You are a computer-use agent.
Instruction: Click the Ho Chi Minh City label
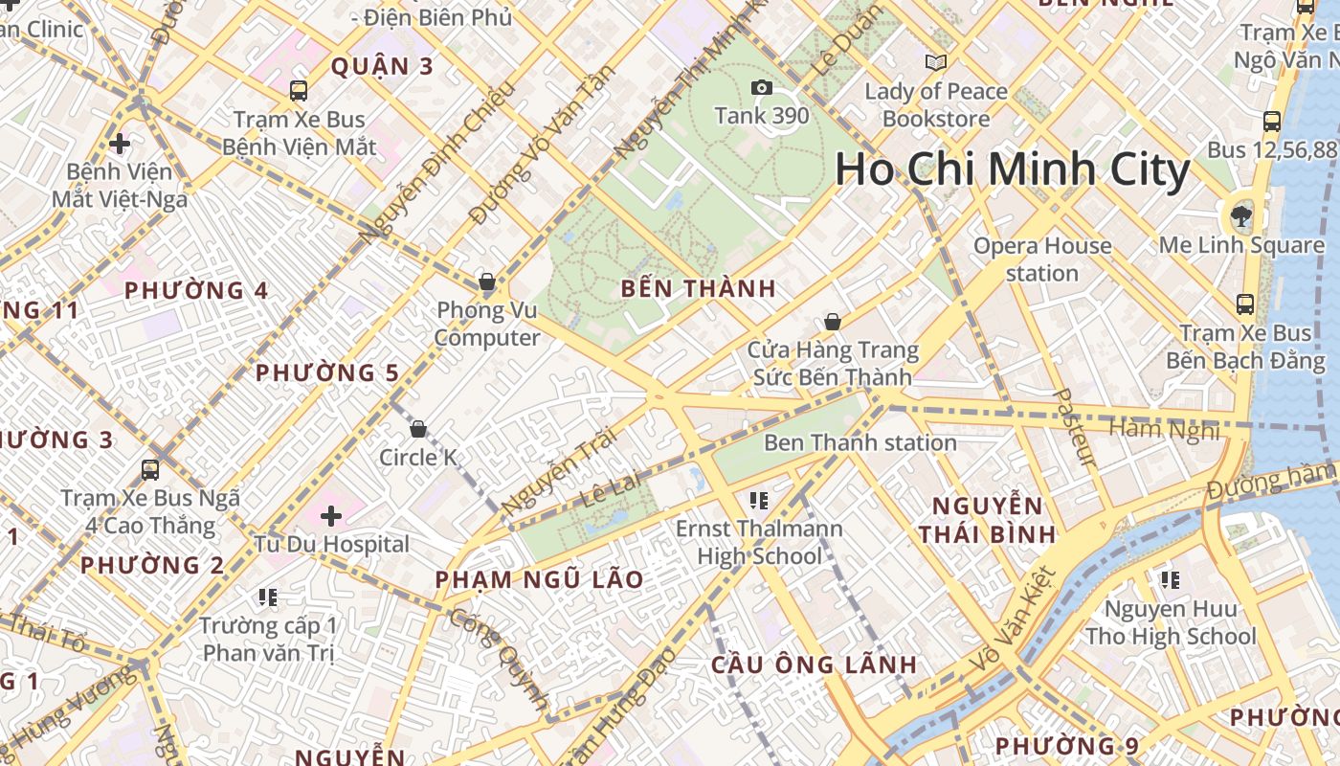coord(1012,170)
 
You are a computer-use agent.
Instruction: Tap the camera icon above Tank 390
coord(762,88)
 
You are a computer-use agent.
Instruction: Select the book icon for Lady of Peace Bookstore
coord(935,63)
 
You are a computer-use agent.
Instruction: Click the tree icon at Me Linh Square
coord(1241,214)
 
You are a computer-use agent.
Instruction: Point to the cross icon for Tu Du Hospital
coord(331,517)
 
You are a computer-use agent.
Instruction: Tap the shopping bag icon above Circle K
coord(418,428)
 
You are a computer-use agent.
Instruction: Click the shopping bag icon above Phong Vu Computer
coord(487,282)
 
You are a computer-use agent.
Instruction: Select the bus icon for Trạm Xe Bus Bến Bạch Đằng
coord(1245,304)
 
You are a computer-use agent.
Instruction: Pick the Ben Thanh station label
coord(860,442)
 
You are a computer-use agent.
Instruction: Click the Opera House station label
coord(1042,259)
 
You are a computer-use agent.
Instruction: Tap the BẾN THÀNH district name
coord(698,288)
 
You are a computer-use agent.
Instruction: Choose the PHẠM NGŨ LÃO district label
coord(539,579)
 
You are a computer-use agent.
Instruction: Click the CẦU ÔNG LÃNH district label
coord(814,665)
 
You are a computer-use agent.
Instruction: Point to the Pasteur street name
coord(1073,427)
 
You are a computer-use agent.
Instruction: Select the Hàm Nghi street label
coord(1165,430)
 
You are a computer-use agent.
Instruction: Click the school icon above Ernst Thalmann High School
coord(760,500)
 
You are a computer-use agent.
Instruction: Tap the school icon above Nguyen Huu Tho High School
coord(1170,579)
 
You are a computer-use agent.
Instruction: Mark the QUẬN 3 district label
coord(382,66)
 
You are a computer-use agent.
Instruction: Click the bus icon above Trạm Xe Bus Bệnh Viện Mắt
coord(299,91)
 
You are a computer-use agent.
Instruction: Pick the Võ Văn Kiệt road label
coord(1016,619)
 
